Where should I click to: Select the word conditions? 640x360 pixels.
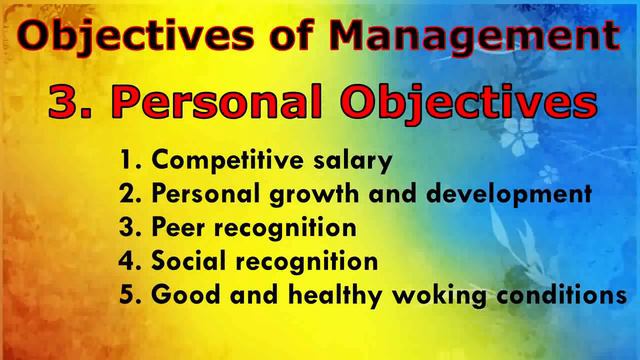[560, 297]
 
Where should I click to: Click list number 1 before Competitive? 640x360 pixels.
[127, 161]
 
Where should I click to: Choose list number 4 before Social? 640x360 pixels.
[127, 263]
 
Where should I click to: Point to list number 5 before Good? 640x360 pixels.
[127, 297]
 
